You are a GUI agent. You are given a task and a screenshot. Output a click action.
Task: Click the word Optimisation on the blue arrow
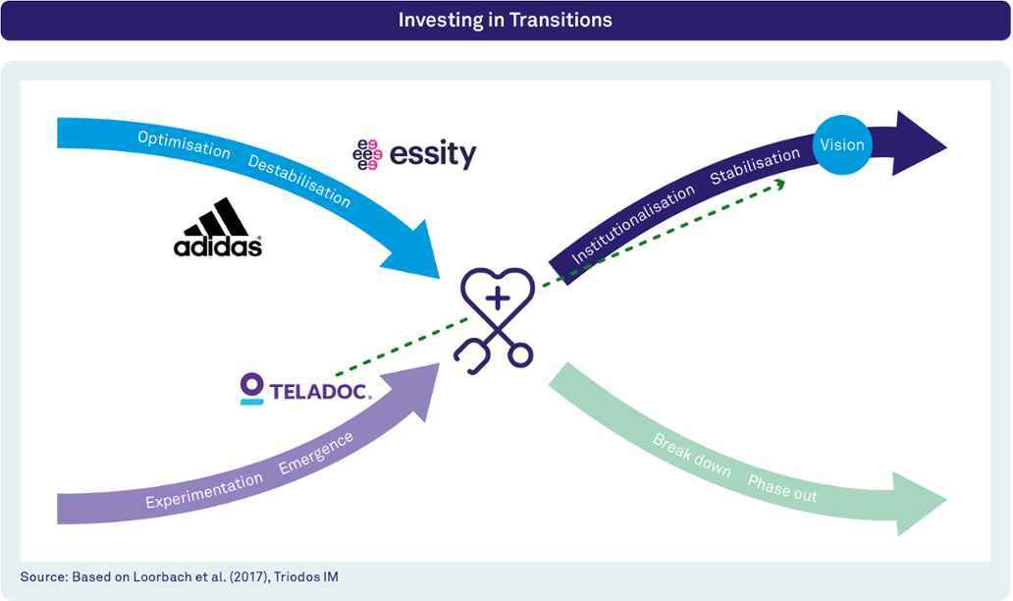tap(185, 144)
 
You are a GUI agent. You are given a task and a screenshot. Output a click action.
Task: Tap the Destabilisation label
tap(299, 182)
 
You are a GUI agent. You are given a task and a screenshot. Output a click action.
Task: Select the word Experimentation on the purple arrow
tap(204, 490)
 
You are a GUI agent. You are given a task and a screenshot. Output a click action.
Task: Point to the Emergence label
tap(316, 453)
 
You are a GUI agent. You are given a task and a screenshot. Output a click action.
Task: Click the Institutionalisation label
tap(633, 224)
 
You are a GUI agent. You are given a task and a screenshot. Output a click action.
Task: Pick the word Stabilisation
tap(755, 166)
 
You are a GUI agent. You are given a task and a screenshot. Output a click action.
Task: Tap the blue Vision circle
tap(842, 144)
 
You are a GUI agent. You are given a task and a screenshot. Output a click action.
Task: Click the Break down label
tap(691, 456)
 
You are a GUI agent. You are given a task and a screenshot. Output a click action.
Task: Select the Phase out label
tap(782, 488)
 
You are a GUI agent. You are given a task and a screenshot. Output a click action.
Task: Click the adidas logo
tap(218, 227)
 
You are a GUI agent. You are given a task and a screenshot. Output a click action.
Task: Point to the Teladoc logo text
tap(320, 391)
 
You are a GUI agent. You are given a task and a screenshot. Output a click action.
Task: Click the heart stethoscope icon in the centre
tap(496, 320)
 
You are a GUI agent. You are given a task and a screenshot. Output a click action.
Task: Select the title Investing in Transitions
tap(506, 20)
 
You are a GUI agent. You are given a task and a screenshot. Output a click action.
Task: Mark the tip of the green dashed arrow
tap(785, 183)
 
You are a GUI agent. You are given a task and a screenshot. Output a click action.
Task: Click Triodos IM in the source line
tap(305, 576)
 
